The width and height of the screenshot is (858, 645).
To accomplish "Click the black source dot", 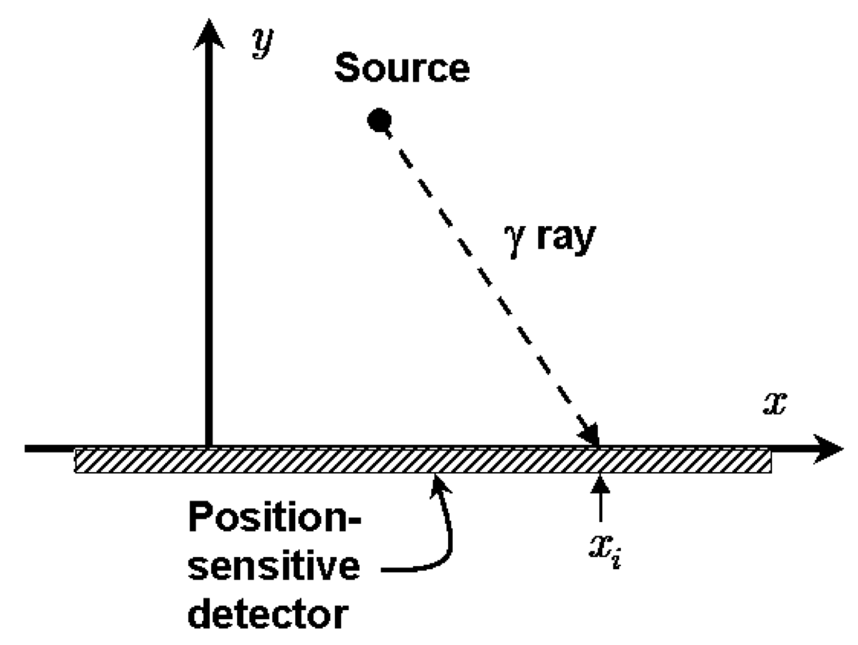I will pos(379,120).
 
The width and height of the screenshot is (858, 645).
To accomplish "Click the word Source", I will pos(402,69).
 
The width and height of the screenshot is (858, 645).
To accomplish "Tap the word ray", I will pos(565,237).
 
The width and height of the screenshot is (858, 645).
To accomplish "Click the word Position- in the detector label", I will pos(275,518).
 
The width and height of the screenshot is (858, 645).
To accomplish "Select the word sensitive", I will pos(274,565).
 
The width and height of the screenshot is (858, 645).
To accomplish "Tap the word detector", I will pos(268,612).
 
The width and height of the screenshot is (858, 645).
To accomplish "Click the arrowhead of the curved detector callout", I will pos(439,483).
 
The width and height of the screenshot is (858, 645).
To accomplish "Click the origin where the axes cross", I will pos(209,447).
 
